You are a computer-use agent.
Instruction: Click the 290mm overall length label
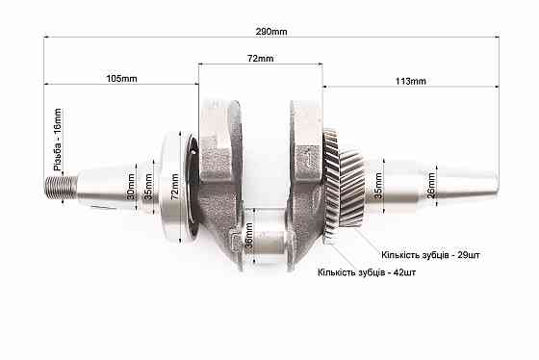(x=271, y=32)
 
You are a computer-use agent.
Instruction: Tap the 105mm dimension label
(x=121, y=79)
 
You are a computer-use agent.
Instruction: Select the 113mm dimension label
(x=410, y=81)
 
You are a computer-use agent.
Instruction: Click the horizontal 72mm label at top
(x=260, y=59)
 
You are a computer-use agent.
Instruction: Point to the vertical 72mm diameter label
(x=174, y=187)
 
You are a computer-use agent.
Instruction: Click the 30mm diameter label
(x=131, y=187)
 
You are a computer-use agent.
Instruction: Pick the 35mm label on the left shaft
(x=148, y=187)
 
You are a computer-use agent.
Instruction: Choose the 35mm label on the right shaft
(x=377, y=186)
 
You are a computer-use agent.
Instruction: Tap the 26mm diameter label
(x=431, y=186)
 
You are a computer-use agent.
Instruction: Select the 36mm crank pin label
(x=249, y=235)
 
